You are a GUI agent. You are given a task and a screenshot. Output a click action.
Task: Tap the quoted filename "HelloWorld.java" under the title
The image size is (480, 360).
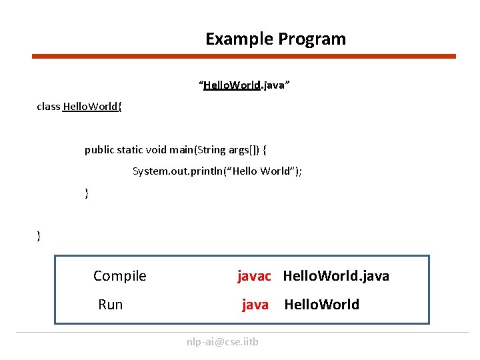point(244,85)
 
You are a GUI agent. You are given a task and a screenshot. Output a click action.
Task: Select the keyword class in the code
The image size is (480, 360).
point(49,107)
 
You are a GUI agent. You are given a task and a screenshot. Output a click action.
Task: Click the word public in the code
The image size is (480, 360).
point(99,149)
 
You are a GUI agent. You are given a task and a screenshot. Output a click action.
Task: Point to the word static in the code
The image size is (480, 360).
point(132,149)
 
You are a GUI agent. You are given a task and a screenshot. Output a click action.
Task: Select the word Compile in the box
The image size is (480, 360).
point(120,276)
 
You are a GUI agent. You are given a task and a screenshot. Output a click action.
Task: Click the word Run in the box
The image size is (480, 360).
point(111,305)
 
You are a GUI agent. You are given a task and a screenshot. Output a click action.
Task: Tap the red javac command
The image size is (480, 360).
point(254,276)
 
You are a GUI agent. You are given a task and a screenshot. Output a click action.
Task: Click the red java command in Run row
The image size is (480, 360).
point(255,305)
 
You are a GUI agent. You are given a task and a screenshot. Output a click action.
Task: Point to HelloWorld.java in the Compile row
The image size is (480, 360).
point(336,276)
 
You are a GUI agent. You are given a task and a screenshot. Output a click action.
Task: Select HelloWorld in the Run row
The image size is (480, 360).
point(321,305)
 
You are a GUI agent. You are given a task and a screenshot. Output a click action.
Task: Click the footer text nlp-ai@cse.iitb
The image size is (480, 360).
point(223,342)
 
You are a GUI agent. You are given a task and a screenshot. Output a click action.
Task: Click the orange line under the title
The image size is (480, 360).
point(244,57)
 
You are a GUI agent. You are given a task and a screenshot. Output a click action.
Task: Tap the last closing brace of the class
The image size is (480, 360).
point(39,235)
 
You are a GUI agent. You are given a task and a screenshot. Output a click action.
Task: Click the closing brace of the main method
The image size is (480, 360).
point(87,193)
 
